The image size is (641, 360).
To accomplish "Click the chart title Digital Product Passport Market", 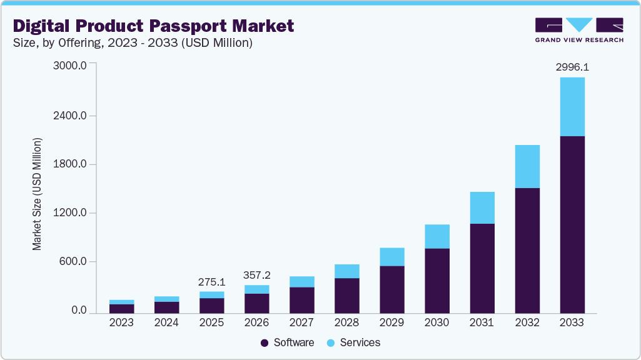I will click(153, 26).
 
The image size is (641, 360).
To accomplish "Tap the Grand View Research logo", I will click(579, 29).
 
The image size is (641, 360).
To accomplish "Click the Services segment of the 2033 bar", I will click(572, 106).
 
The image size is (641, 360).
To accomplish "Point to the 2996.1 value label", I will click(572, 66).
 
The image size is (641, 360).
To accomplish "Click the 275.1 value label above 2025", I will click(211, 282).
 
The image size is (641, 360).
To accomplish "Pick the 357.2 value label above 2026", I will click(256, 275).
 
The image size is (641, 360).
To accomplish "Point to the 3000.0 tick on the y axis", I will click(71, 64).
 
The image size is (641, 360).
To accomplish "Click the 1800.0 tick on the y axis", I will click(71, 164).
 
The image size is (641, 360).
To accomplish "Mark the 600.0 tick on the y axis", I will click(74, 262).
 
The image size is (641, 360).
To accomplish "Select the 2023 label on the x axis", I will click(121, 322).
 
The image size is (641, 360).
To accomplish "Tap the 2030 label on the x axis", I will click(437, 322).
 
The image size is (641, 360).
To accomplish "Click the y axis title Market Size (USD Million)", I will click(38, 194).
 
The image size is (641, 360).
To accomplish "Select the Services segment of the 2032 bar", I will click(527, 166).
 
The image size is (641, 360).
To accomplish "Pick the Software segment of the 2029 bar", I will click(391, 289).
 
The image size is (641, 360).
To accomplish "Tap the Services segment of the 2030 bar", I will click(437, 236).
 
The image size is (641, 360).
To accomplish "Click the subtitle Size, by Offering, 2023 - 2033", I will click(133, 43).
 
